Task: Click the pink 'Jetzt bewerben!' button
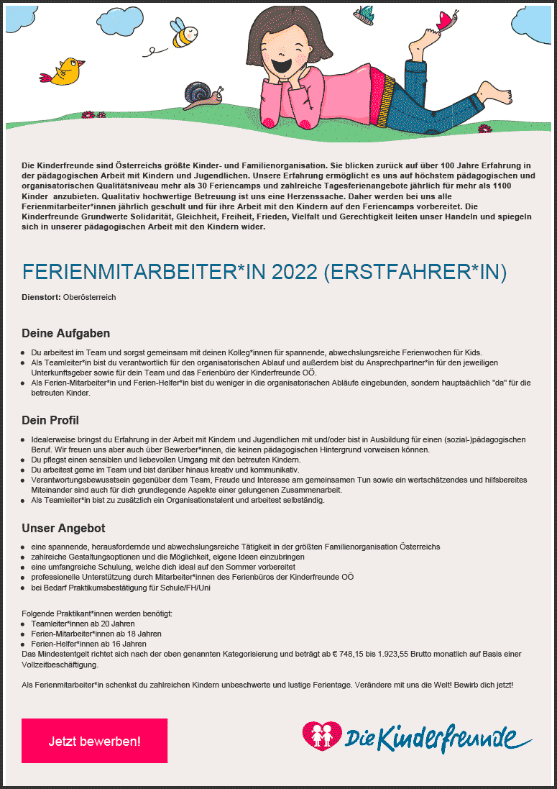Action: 94,740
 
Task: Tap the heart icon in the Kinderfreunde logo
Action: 322,735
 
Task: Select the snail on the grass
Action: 202,95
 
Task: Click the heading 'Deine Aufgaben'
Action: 65,334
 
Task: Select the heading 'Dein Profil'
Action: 50,420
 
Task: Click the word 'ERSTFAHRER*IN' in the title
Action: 415,272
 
